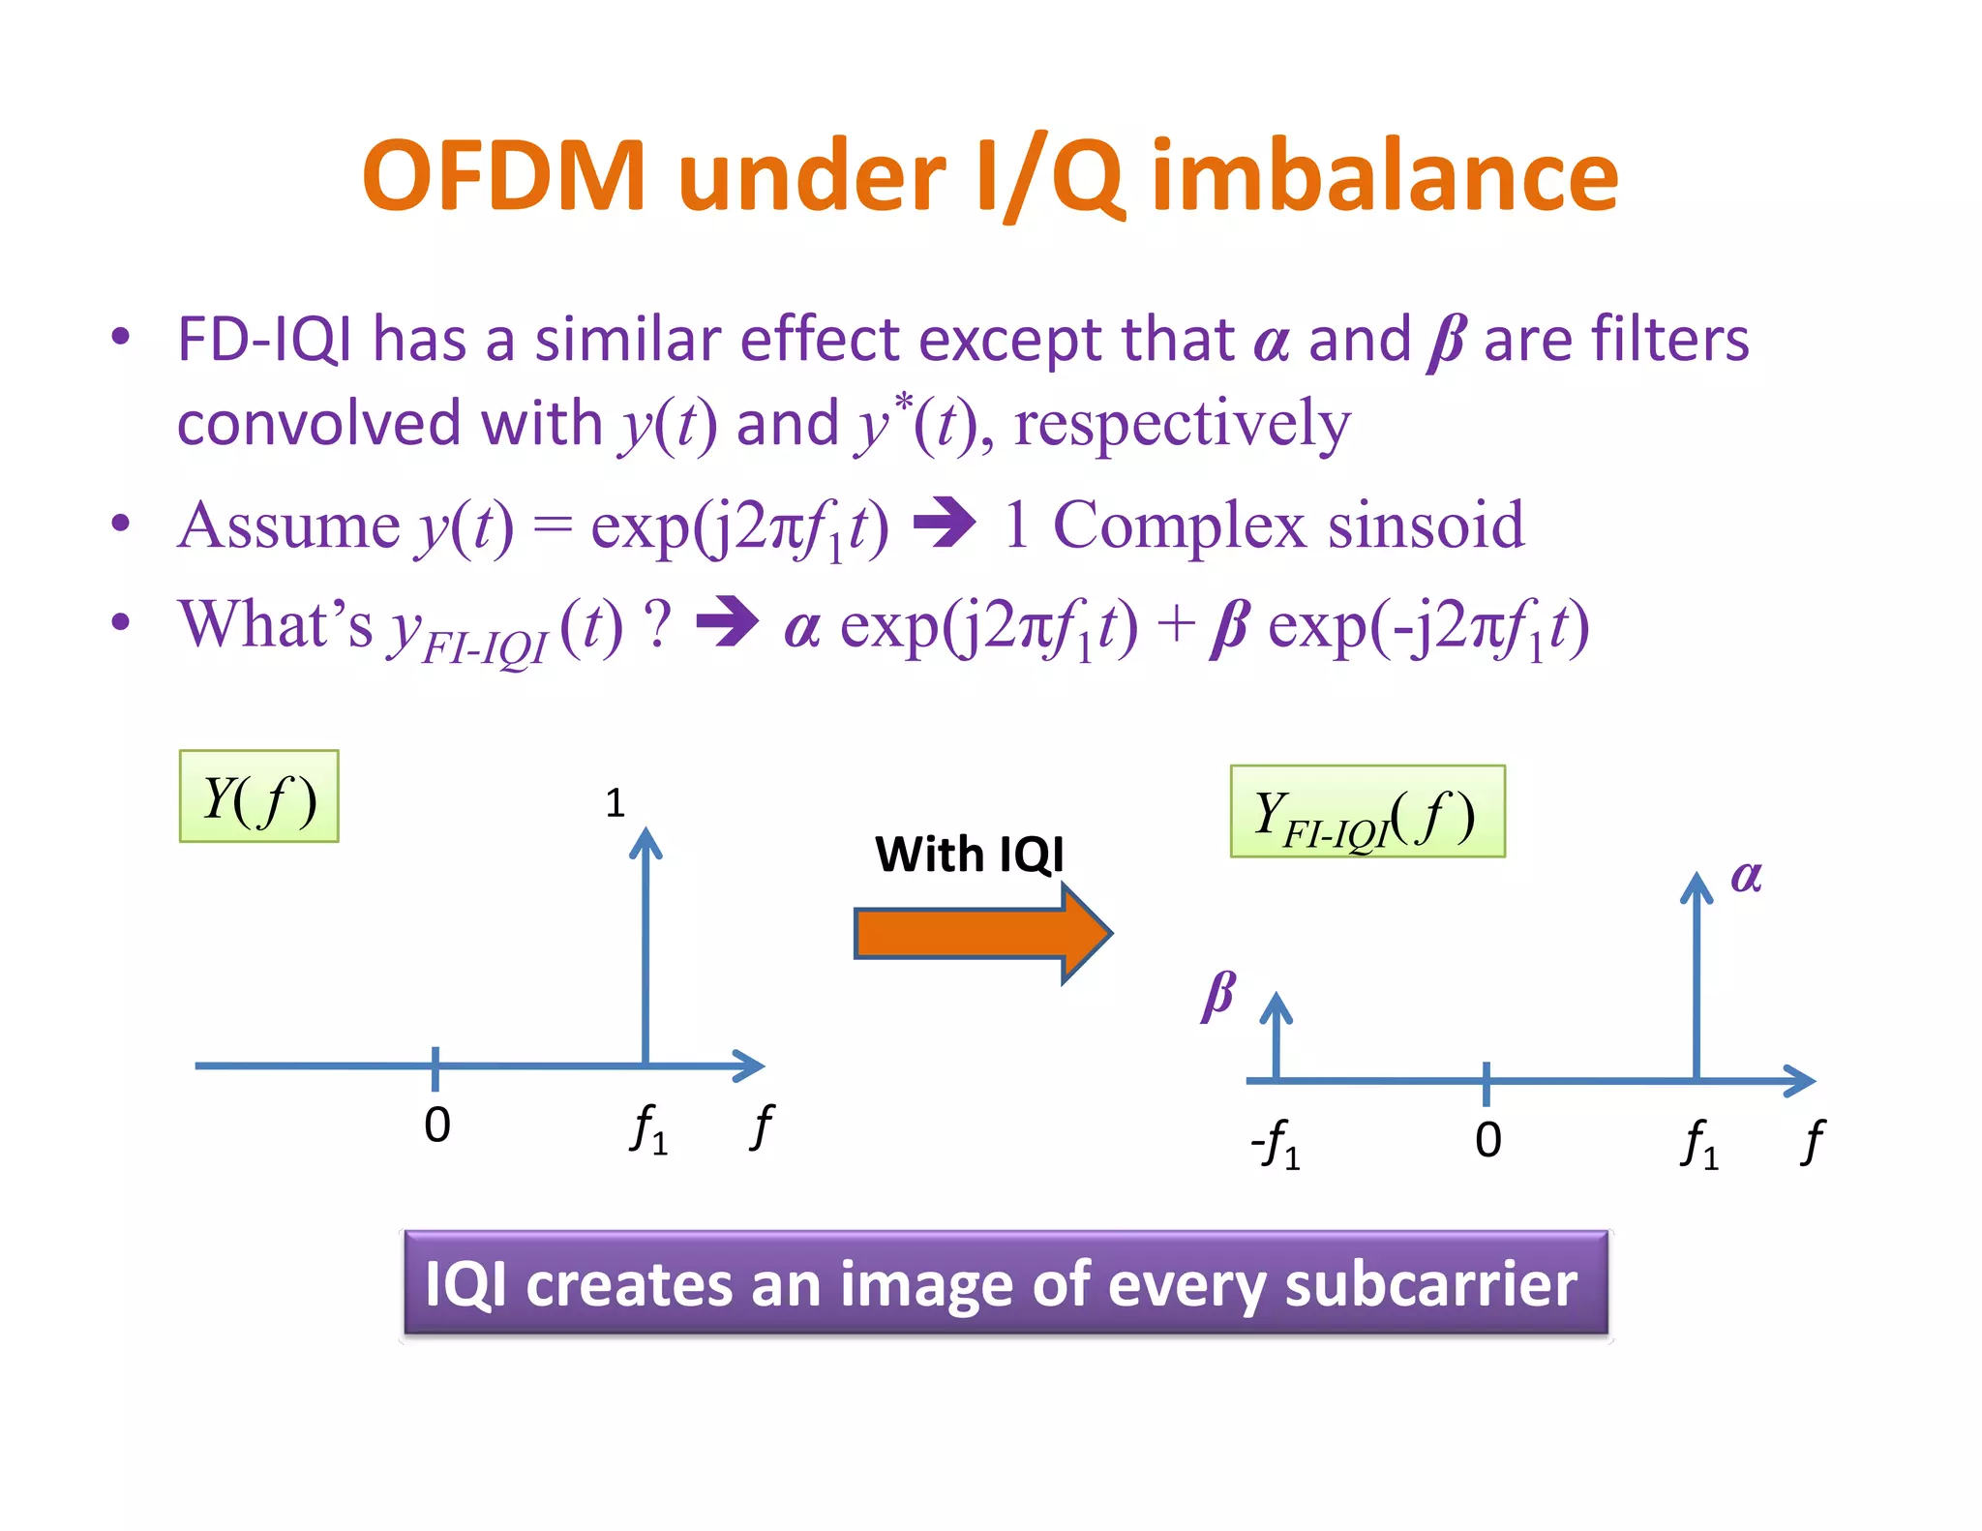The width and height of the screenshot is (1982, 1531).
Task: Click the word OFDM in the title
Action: [503, 176]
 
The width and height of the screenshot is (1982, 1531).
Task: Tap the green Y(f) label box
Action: [258, 796]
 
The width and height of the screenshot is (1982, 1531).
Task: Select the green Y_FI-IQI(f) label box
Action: [1366, 812]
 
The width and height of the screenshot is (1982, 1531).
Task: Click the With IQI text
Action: [969, 855]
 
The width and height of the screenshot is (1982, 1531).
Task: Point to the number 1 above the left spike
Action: [615, 803]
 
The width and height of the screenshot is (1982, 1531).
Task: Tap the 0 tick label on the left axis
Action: [437, 1126]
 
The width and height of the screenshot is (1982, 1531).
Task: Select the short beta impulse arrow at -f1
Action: [1276, 1036]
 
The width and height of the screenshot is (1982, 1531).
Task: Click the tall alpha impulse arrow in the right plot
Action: [1697, 977]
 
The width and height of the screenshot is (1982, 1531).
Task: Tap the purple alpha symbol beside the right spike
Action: [1746, 877]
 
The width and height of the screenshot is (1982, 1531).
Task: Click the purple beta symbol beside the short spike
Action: [1218, 995]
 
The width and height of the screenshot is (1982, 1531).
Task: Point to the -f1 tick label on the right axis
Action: [1276, 1145]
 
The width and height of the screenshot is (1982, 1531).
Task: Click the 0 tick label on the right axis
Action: [1488, 1140]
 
